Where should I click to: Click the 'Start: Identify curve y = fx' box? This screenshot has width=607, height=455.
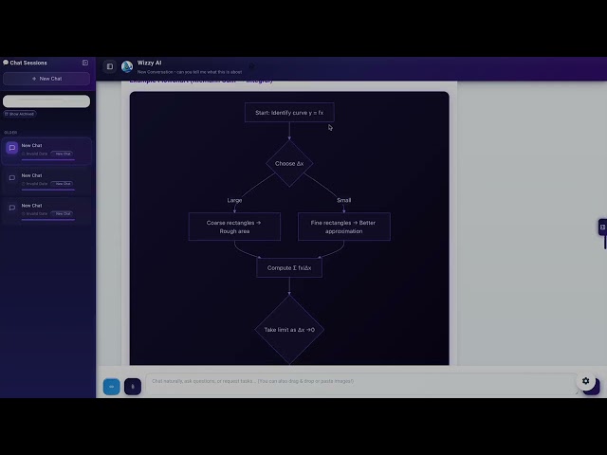(x=289, y=113)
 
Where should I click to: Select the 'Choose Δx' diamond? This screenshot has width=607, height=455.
(x=289, y=164)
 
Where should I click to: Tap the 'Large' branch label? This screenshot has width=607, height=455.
(x=234, y=200)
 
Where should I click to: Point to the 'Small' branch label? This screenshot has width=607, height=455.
(x=343, y=200)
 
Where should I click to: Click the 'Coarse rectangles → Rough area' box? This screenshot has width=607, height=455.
(x=234, y=227)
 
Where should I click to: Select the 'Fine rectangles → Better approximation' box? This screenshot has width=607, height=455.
(x=343, y=227)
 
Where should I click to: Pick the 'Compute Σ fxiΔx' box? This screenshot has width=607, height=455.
(x=289, y=267)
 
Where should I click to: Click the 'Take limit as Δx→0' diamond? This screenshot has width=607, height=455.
(x=289, y=329)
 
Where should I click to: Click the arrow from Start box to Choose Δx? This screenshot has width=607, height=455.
(x=289, y=132)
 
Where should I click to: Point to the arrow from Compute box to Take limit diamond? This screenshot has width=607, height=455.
(x=289, y=286)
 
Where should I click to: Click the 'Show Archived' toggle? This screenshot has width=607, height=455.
(x=20, y=114)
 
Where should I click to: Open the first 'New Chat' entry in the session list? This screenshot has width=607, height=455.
(x=46, y=149)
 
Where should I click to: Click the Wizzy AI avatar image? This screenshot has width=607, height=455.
(x=127, y=66)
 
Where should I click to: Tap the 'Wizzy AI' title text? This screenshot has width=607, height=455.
(x=150, y=63)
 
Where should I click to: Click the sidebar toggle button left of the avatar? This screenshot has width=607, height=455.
(x=109, y=66)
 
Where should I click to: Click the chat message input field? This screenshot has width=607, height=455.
(x=360, y=381)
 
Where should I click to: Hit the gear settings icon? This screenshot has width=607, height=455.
(x=585, y=381)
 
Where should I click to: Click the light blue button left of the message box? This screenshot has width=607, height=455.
(x=111, y=386)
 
